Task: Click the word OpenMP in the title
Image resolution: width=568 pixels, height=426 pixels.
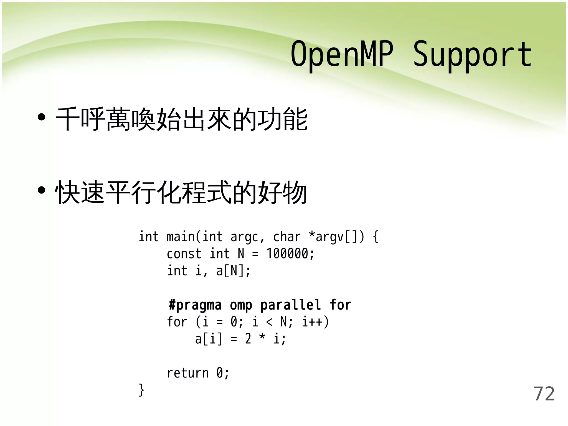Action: (x=342, y=54)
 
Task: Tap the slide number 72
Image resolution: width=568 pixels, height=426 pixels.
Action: (x=544, y=394)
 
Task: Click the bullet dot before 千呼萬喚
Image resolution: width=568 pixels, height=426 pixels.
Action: (x=41, y=117)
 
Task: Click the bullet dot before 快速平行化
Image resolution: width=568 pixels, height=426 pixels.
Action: (x=41, y=191)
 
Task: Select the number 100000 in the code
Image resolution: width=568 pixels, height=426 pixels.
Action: (x=287, y=253)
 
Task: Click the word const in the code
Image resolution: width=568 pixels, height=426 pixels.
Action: (x=184, y=254)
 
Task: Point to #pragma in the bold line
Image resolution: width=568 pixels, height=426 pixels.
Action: (x=195, y=305)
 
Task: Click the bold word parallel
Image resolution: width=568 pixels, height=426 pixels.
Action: (x=290, y=305)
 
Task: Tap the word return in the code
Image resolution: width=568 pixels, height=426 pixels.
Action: (x=187, y=373)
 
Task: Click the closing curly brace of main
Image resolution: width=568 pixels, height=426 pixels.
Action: (x=141, y=390)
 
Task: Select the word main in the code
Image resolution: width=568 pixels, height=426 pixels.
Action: (x=180, y=237)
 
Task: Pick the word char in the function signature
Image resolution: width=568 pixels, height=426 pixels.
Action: (x=287, y=237)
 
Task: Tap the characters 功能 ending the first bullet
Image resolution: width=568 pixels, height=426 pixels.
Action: (x=283, y=119)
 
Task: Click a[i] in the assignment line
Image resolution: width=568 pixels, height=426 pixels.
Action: (x=209, y=339)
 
